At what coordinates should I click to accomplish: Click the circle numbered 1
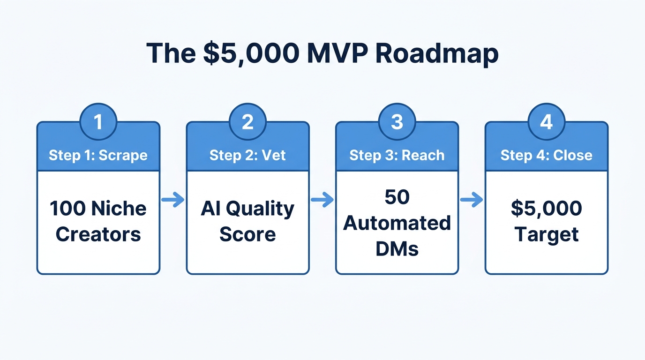pyautogui.click(x=98, y=122)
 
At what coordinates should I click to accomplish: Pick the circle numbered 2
pyautogui.click(x=247, y=122)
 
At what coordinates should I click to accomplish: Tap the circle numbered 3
pyautogui.click(x=397, y=122)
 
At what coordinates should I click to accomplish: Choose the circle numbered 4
pyautogui.click(x=546, y=122)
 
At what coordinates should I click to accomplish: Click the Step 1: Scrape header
pyautogui.click(x=98, y=155)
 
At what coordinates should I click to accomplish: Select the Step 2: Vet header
pyautogui.click(x=247, y=155)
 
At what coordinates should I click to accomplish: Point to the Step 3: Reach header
pyautogui.click(x=397, y=155)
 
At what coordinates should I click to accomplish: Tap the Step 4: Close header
pyautogui.click(x=546, y=155)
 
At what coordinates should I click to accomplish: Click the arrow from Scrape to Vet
pyautogui.click(x=173, y=200)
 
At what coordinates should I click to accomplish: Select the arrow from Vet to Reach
pyautogui.click(x=322, y=200)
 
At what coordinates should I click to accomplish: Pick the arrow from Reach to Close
pyautogui.click(x=472, y=200)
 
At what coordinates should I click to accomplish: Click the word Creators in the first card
pyautogui.click(x=98, y=234)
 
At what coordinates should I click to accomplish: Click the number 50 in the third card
pyautogui.click(x=397, y=197)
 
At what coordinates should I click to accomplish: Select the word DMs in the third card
pyautogui.click(x=397, y=249)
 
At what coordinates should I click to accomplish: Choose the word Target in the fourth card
pyautogui.click(x=546, y=234)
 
